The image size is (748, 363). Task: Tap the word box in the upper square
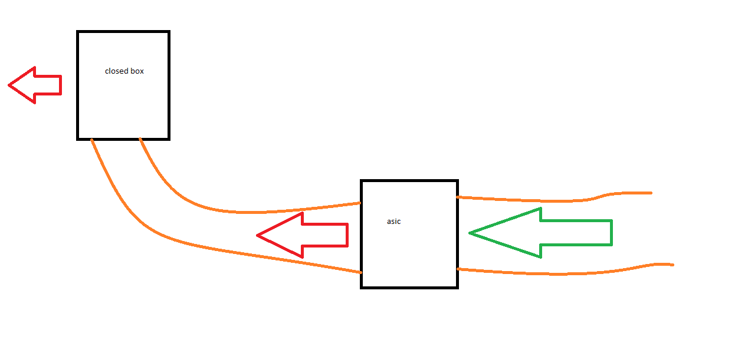coord(137,71)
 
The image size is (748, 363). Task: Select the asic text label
coord(393,222)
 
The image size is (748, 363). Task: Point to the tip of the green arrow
coord(469,233)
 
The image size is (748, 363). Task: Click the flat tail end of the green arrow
coord(612,233)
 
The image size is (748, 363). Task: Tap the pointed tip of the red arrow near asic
coord(257,236)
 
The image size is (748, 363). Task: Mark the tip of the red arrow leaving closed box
coord(8,85)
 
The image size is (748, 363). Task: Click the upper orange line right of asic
coord(555,201)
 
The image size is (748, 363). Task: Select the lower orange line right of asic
coord(565,274)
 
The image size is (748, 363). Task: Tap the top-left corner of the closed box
coord(77,32)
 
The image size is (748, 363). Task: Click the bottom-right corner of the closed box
coord(169,140)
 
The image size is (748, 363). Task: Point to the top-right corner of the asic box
coord(458,180)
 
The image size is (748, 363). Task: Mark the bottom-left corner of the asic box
coord(361,288)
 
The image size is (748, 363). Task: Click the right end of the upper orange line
coord(651,193)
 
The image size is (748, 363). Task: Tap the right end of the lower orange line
coord(673,265)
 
